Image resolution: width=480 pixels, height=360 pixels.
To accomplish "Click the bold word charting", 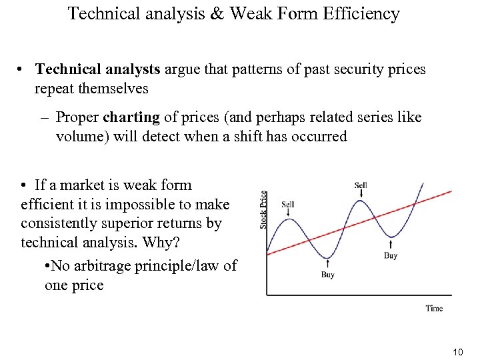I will tap(131, 117).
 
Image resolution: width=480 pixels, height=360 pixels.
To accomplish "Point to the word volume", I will tap(80, 137).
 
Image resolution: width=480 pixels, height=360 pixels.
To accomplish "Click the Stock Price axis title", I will tap(264, 209).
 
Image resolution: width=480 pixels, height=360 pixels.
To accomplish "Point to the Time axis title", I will tap(434, 308).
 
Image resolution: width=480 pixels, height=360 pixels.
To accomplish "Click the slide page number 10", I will tap(457, 351).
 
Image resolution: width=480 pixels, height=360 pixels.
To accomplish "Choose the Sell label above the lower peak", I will tap(288, 205).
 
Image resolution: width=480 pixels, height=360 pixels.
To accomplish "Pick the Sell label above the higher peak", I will tap(361, 185).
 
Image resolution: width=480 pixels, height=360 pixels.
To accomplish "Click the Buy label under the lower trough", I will tap(327, 275).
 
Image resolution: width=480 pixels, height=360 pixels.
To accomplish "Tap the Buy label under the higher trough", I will tap(391, 255).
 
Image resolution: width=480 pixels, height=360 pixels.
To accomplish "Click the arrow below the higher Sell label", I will tap(361, 194).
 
